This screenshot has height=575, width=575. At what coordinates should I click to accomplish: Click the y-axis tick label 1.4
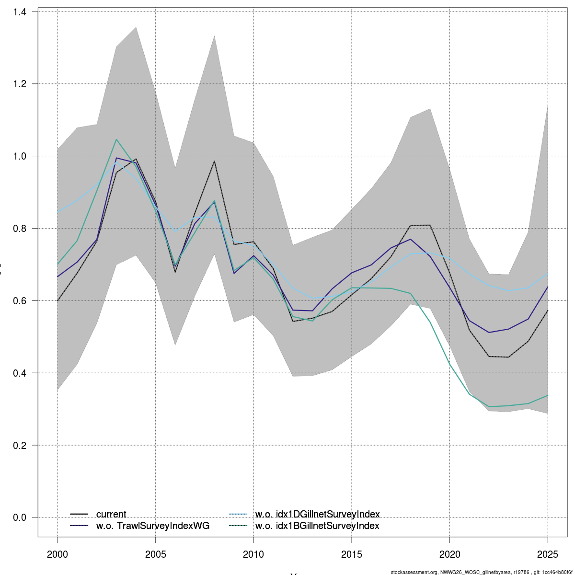(20, 11)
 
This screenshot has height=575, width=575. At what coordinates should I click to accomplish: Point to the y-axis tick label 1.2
(20, 84)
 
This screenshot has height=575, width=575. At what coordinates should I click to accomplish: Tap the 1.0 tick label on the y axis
(20, 156)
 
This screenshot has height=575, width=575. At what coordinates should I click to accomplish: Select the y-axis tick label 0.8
(20, 229)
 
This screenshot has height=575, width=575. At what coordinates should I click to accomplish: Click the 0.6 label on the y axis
(20, 301)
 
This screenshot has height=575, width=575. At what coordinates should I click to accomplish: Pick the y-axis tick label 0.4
(20, 373)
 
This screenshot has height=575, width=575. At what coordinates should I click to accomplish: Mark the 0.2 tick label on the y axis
(20, 446)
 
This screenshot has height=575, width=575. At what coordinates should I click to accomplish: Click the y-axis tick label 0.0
(20, 517)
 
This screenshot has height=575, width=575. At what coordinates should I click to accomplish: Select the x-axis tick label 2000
(57, 555)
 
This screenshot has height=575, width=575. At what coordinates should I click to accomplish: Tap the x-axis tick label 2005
(156, 555)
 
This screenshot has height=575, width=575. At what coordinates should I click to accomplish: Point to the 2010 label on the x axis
(253, 555)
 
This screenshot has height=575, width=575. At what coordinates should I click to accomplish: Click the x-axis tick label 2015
(352, 555)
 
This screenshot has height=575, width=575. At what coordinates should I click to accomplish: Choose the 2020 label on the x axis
(449, 555)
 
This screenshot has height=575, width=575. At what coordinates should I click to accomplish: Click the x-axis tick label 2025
(548, 555)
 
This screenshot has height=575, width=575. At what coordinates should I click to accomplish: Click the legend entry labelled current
(111, 515)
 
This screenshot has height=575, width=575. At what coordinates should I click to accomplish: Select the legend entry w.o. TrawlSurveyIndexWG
(152, 526)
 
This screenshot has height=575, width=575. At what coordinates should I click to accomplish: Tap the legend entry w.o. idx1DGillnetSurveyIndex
(317, 515)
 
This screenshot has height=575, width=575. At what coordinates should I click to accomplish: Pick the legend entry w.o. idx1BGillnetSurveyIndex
(317, 526)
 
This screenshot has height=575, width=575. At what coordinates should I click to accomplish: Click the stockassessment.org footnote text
(482, 572)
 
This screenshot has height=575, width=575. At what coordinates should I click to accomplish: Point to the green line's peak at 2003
(116, 139)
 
